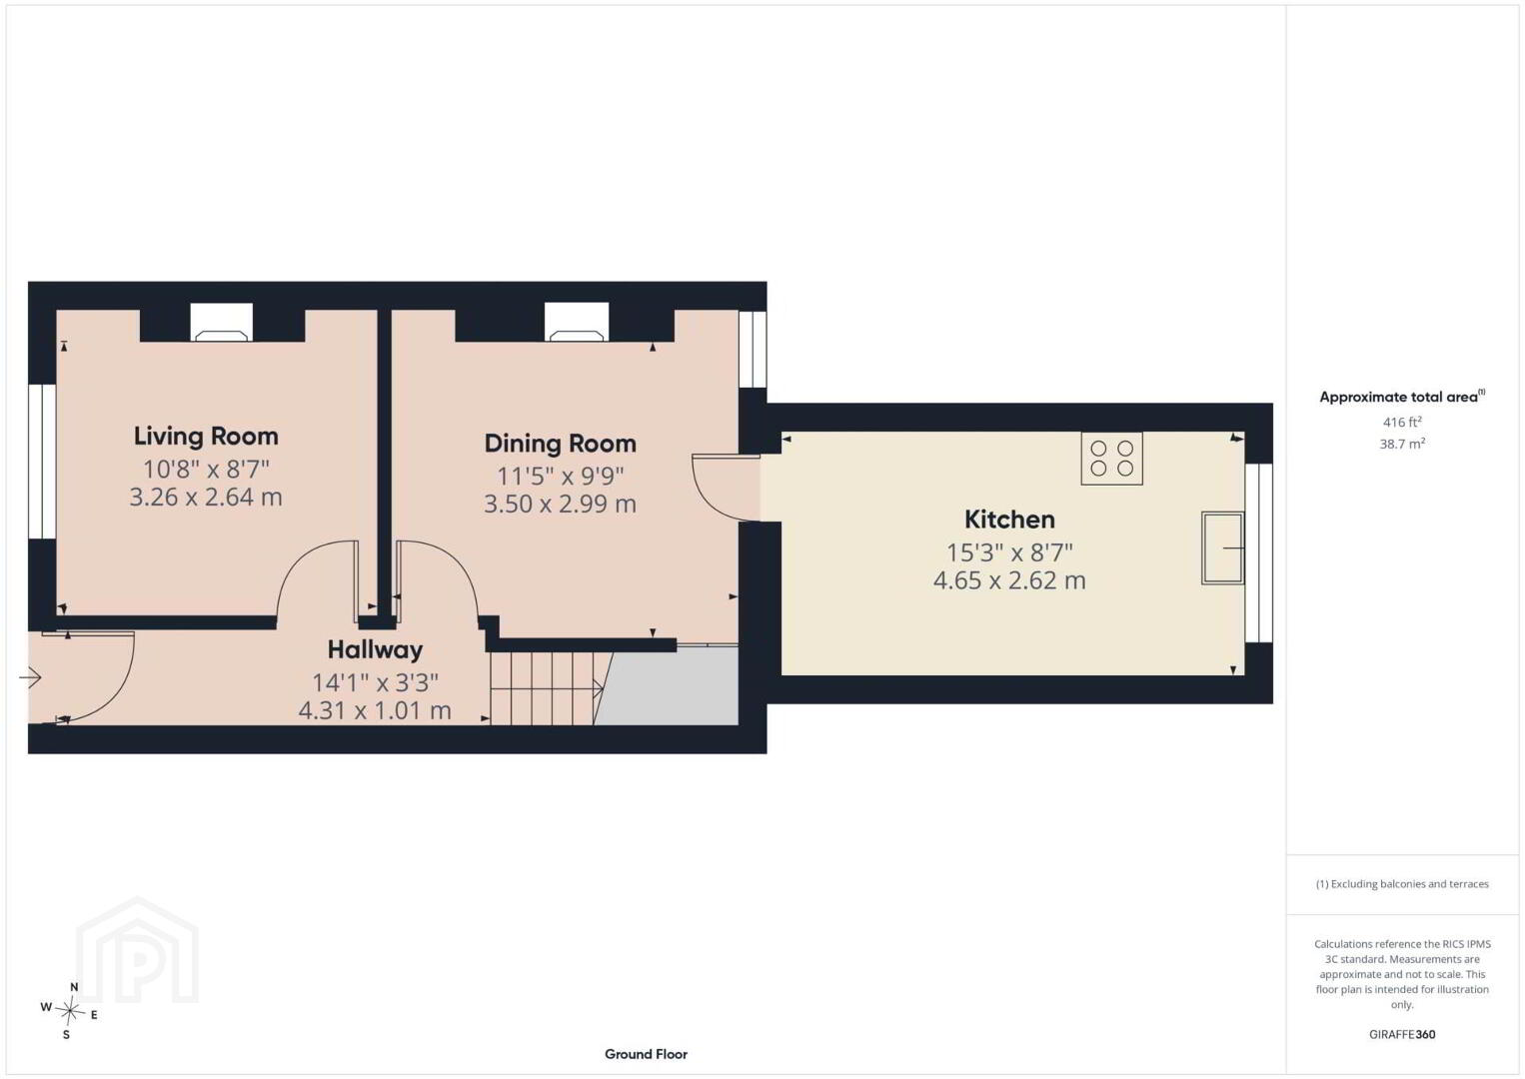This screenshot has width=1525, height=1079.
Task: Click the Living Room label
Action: (206, 437)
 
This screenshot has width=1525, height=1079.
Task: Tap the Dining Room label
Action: (561, 444)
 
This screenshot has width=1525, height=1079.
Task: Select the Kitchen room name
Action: (1009, 521)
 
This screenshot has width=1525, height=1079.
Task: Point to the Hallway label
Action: (375, 650)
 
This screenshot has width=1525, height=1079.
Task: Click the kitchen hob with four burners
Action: (1111, 459)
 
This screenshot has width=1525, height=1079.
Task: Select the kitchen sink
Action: (1223, 548)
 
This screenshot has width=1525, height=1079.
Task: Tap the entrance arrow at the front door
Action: (31, 678)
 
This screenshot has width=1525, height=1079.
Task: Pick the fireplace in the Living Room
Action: (221, 322)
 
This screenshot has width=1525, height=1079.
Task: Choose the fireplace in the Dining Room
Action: (577, 322)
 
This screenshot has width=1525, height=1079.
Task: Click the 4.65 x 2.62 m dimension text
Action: (1009, 580)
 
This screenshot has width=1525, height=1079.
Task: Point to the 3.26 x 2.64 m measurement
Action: (206, 498)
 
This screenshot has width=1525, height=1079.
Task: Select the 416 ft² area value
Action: (1402, 422)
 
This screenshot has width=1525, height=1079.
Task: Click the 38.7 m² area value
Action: (1402, 444)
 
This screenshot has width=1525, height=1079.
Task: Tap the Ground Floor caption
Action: (647, 1054)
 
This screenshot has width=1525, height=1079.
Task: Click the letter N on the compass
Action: (74, 987)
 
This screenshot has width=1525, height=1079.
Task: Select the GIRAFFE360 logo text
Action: (1402, 1035)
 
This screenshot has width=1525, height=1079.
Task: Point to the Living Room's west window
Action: (42, 463)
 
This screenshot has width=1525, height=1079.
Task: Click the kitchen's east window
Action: (1259, 552)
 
